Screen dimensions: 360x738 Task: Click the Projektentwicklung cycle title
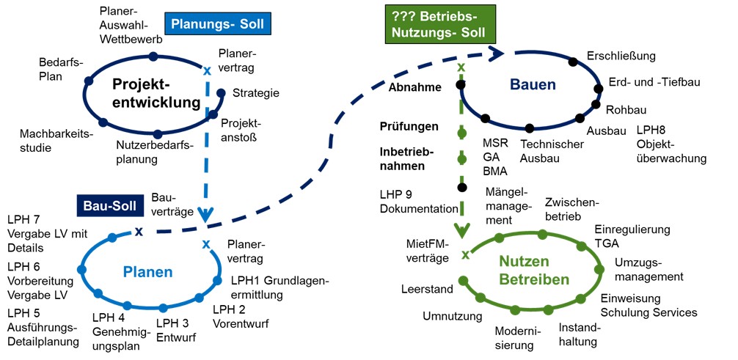[156, 93]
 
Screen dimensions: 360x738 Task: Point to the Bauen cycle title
[533, 85]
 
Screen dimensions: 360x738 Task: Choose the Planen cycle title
[147, 272]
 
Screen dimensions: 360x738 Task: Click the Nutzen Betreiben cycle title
[534, 270]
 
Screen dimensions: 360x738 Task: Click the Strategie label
[256, 93]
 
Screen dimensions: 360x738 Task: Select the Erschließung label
[621, 56]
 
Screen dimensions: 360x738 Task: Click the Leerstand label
[427, 290]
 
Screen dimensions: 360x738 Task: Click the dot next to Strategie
[221, 92]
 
